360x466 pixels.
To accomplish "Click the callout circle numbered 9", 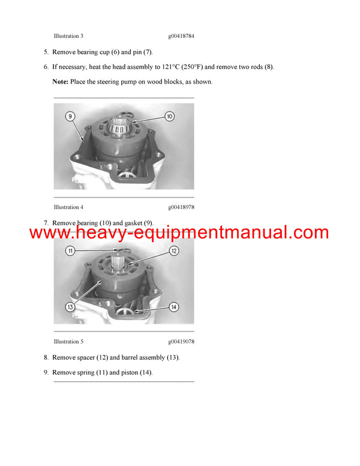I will click(70, 116).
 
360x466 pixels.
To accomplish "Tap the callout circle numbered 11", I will click(70, 250).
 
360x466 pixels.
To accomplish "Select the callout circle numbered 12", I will click(173, 250).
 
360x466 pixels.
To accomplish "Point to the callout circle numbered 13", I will click(70, 307).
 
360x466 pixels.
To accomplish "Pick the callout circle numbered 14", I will click(173, 307).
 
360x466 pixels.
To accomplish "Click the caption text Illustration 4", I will click(68, 207).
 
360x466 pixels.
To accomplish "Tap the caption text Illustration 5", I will click(68, 342).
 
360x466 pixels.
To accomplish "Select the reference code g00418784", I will click(181, 36).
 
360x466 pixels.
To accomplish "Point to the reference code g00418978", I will click(181, 207).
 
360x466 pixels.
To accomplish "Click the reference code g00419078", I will click(181, 342).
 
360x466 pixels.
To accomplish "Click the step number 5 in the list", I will click(46, 52).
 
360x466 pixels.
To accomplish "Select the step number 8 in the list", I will click(46, 357).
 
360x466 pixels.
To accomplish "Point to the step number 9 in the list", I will click(46, 372).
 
